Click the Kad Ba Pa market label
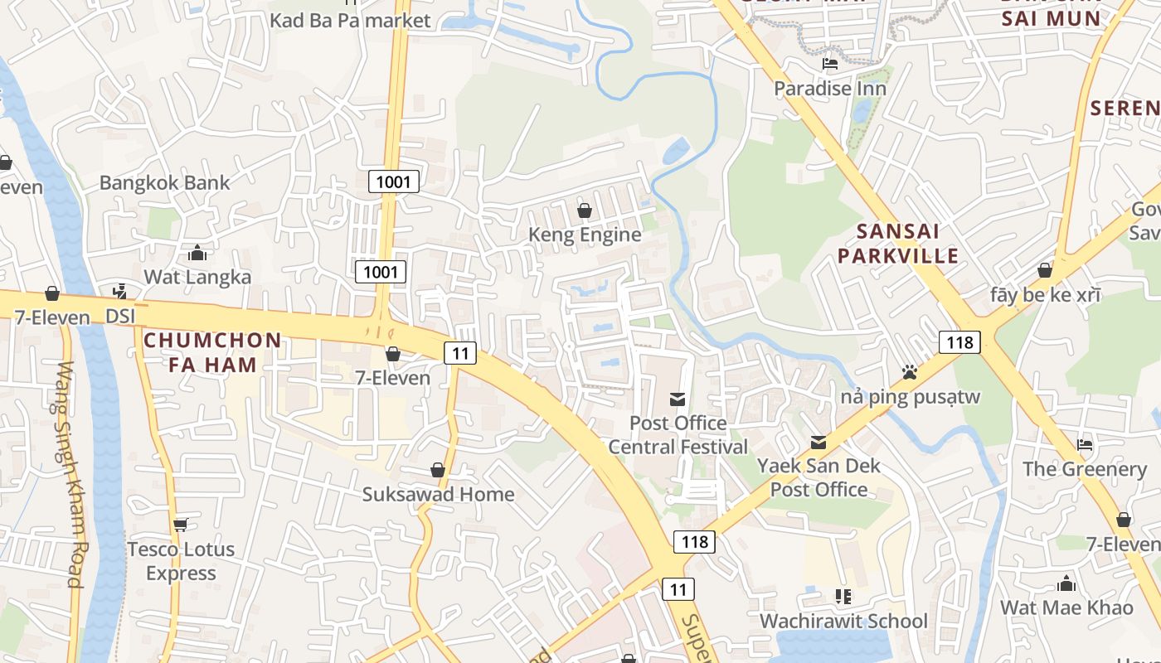pos(350,20)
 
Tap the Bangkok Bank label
pos(164,182)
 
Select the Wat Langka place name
pos(197,277)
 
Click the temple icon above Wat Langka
pos(197,252)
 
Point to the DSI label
pos(120,317)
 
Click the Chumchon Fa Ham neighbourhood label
pos(213,352)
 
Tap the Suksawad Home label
pos(438,495)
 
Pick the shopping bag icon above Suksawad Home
pos(438,471)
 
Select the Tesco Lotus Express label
pos(181,561)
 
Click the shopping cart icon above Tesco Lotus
pos(181,525)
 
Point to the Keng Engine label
pos(585,235)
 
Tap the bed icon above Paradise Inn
pos(829,64)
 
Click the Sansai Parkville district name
pos(897,244)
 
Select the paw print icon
pos(910,373)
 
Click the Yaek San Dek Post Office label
pos(819,477)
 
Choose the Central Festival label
pos(678,448)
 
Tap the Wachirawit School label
pos(843,622)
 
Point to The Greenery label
pos(1084,469)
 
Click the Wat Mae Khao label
pos(1066,607)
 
